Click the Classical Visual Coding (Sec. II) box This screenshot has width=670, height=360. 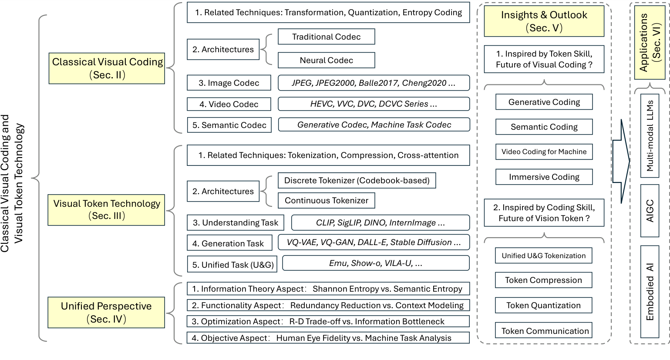pos(107,68)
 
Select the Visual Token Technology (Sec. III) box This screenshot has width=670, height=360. pos(106,209)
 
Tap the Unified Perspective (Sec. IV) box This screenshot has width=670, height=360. pos(106,313)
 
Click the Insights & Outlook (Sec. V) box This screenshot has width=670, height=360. pos(544,21)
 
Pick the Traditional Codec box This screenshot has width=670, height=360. pos(326,37)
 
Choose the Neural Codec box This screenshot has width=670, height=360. pos(326,61)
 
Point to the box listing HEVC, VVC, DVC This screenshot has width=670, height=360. pos(374,104)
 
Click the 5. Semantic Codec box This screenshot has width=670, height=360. pos(229,125)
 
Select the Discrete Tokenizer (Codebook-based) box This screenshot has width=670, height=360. pos(357,181)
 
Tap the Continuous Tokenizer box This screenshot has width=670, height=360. pos(326,201)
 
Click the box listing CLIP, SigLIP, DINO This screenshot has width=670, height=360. pos(380,223)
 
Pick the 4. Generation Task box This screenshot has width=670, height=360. pos(229,243)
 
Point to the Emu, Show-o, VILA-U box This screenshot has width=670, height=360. pos(376,263)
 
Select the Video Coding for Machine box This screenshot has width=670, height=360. pos(544,152)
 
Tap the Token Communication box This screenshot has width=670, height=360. pos(545,331)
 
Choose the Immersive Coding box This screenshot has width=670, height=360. pos(544,177)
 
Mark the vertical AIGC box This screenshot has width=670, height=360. pos(650,211)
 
